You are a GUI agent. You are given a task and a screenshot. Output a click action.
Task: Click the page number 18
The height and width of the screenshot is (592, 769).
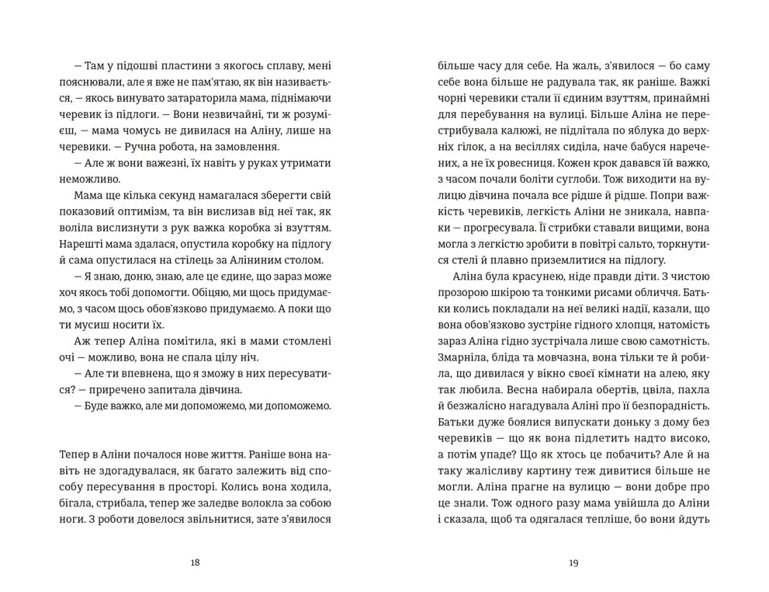coord(195,564)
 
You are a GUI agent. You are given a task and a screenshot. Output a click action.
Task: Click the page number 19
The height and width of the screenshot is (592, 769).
coord(573,564)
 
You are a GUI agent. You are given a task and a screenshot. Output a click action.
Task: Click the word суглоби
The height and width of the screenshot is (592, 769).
coord(553,180)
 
